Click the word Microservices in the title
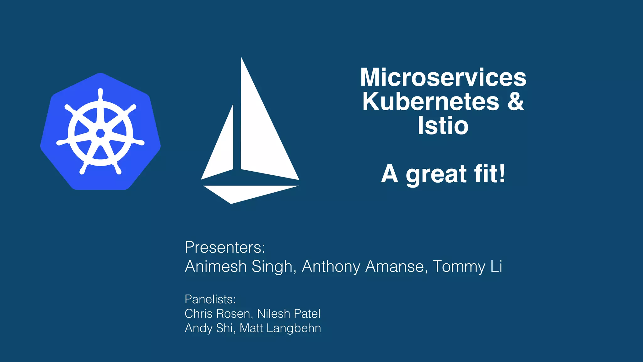443,77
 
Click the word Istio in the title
443,126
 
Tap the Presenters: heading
225,247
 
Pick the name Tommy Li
467,266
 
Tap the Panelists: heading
210,299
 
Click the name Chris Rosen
217,314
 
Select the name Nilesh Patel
289,314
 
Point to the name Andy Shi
208,328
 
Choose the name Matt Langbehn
280,328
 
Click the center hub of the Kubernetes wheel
100,133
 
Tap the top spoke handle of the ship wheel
100,94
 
